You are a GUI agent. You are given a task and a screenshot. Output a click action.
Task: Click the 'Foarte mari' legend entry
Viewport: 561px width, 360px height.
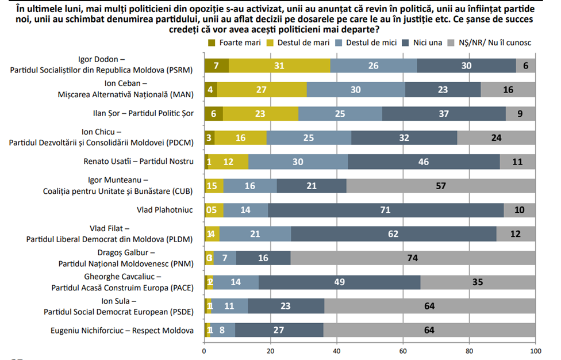coord(238,42)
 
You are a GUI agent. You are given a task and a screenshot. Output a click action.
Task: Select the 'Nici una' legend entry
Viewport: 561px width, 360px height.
coord(425,42)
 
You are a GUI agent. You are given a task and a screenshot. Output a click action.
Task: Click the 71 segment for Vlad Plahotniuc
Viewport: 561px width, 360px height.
coord(386,210)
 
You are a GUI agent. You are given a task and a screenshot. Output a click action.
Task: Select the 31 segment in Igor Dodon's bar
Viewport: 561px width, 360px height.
coord(279,66)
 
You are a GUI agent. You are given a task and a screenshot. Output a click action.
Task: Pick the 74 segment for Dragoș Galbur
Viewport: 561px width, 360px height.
coord(412,258)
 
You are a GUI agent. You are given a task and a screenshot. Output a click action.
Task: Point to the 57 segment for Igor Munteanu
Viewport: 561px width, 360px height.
coord(441,185)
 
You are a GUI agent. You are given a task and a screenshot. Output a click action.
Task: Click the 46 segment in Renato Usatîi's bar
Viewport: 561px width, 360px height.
coord(424,162)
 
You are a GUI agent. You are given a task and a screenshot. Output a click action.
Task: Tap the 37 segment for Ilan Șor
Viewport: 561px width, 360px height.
coord(444,113)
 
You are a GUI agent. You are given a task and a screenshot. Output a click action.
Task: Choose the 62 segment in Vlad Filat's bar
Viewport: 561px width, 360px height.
coord(394,234)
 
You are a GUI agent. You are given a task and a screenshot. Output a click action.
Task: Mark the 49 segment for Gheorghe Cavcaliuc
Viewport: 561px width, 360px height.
coord(339,282)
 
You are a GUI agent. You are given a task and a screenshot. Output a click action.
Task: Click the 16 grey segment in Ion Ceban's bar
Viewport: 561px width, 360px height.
coord(508,90)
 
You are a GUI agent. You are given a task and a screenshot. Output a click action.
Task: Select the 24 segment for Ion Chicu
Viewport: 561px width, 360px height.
coord(496,138)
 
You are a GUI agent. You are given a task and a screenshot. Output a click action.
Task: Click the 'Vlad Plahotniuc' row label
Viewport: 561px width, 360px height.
coord(165,210)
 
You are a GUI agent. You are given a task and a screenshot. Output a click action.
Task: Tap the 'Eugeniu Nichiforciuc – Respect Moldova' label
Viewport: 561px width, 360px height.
coord(121,331)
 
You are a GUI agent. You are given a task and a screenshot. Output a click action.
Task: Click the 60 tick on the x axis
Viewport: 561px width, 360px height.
coord(403,350)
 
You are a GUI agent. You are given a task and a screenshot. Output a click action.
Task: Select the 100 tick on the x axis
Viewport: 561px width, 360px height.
coord(535,350)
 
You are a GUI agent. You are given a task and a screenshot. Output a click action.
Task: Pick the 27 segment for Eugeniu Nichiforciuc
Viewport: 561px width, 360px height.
coord(279,331)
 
